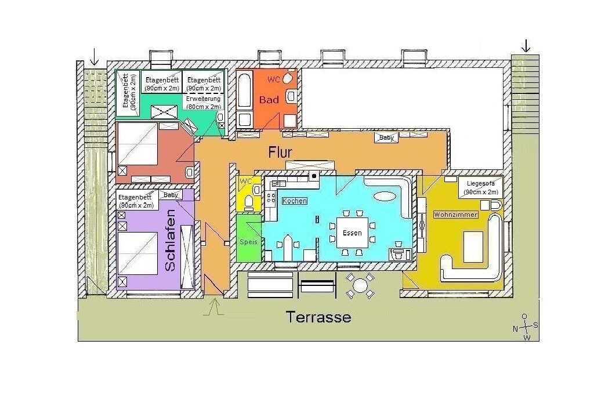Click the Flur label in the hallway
pyautogui.click(x=280, y=152)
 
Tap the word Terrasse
pyautogui.click(x=318, y=317)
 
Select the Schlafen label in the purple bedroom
pyautogui.click(x=171, y=240)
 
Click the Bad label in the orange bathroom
pyautogui.click(x=269, y=100)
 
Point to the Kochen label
pyautogui.click(x=295, y=201)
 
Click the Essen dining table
pyautogui.click(x=352, y=233)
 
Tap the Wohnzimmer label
pyautogui.click(x=456, y=215)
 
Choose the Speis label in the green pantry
pyautogui.click(x=248, y=241)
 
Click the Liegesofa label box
pyautogui.click(x=481, y=187)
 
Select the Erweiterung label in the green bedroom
pyautogui.click(x=204, y=102)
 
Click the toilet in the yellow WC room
pyautogui.click(x=249, y=202)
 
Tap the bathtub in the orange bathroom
pyautogui.click(x=244, y=91)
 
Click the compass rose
pyautogui.click(x=526, y=327)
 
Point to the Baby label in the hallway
pyautogui.click(x=386, y=137)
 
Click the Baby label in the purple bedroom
pyautogui.click(x=171, y=195)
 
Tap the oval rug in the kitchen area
pyautogui.click(x=385, y=195)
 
